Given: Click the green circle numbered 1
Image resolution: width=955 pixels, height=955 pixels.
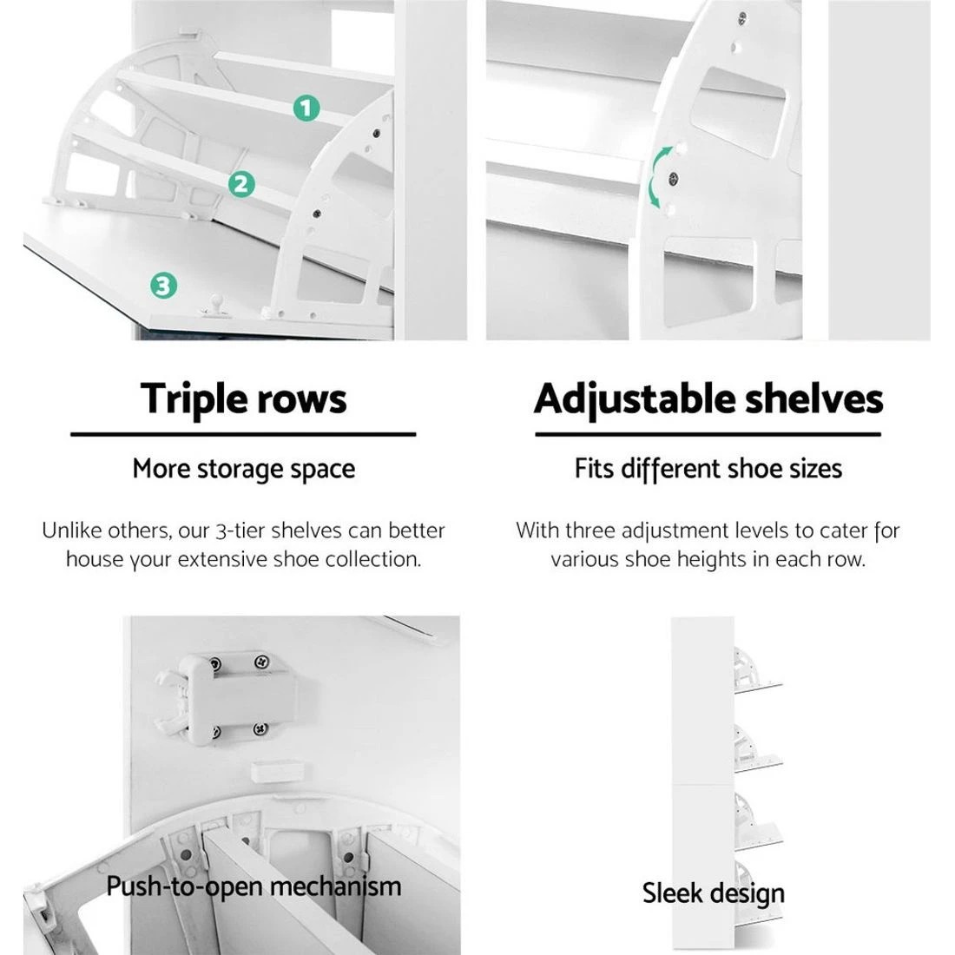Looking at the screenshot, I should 306,109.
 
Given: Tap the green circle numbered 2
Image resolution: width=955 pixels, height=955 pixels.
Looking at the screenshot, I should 241,183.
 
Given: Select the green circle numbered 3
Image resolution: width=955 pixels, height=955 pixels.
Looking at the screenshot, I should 163,285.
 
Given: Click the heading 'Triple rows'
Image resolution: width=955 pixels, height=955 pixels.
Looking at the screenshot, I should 243,399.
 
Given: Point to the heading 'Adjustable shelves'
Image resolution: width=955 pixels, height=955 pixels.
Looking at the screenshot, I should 708,399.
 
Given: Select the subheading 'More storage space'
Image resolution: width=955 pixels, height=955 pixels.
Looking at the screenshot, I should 243,470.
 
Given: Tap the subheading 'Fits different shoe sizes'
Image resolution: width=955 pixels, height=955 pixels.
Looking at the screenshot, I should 708,470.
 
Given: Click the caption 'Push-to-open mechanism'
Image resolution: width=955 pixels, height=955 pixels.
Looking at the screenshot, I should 254,886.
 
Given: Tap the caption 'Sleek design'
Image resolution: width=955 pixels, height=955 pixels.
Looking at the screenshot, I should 713,893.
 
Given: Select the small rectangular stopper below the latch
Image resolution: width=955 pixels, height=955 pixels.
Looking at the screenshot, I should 273,771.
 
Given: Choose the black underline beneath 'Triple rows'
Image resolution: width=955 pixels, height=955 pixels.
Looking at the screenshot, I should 243,433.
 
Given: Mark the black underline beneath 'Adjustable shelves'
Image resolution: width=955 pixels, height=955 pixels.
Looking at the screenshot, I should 708,433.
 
